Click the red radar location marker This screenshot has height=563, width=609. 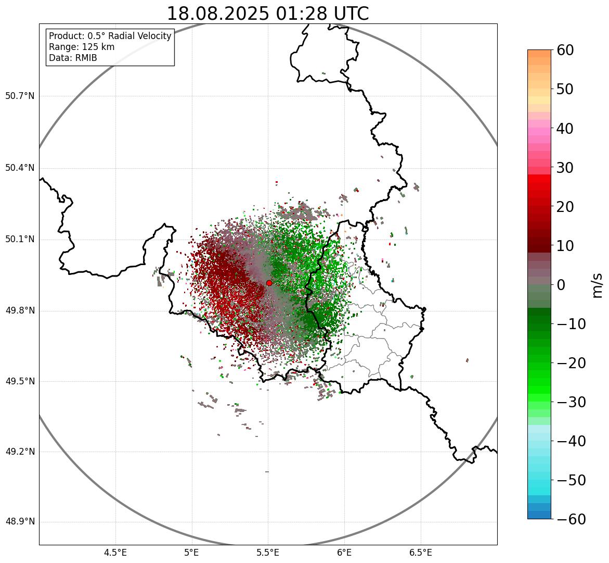pyautogui.click(x=269, y=283)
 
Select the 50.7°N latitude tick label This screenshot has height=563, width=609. pyautogui.click(x=20, y=96)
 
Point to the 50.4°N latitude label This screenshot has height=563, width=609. pyautogui.click(x=20, y=168)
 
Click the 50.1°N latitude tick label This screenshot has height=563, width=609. pyautogui.click(x=20, y=240)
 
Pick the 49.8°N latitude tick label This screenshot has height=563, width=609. pyautogui.click(x=20, y=311)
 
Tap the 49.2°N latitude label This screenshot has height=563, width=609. pyautogui.click(x=20, y=452)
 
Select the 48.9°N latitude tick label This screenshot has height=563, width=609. pyautogui.click(x=20, y=522)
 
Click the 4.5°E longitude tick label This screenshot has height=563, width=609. pyautogui.click(x=115, y=553)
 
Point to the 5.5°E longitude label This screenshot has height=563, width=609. pyautogui.click(x=268, y=553)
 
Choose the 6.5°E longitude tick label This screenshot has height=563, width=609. pyautogui.click(x=420, y=553)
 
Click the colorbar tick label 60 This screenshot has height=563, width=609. pyautogui.click(x=565, y=50)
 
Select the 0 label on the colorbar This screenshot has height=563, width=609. pyautogui.click(x=561, y=285)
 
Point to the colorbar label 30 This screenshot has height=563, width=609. pyautogui.click(x=565, y=168)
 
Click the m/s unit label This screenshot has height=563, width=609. pyautogui.click(x=598, y=284)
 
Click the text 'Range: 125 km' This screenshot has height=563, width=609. pyautogui.click(x=82, y=47)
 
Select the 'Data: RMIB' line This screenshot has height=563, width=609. pyautogui.click(x=73, y=58)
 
